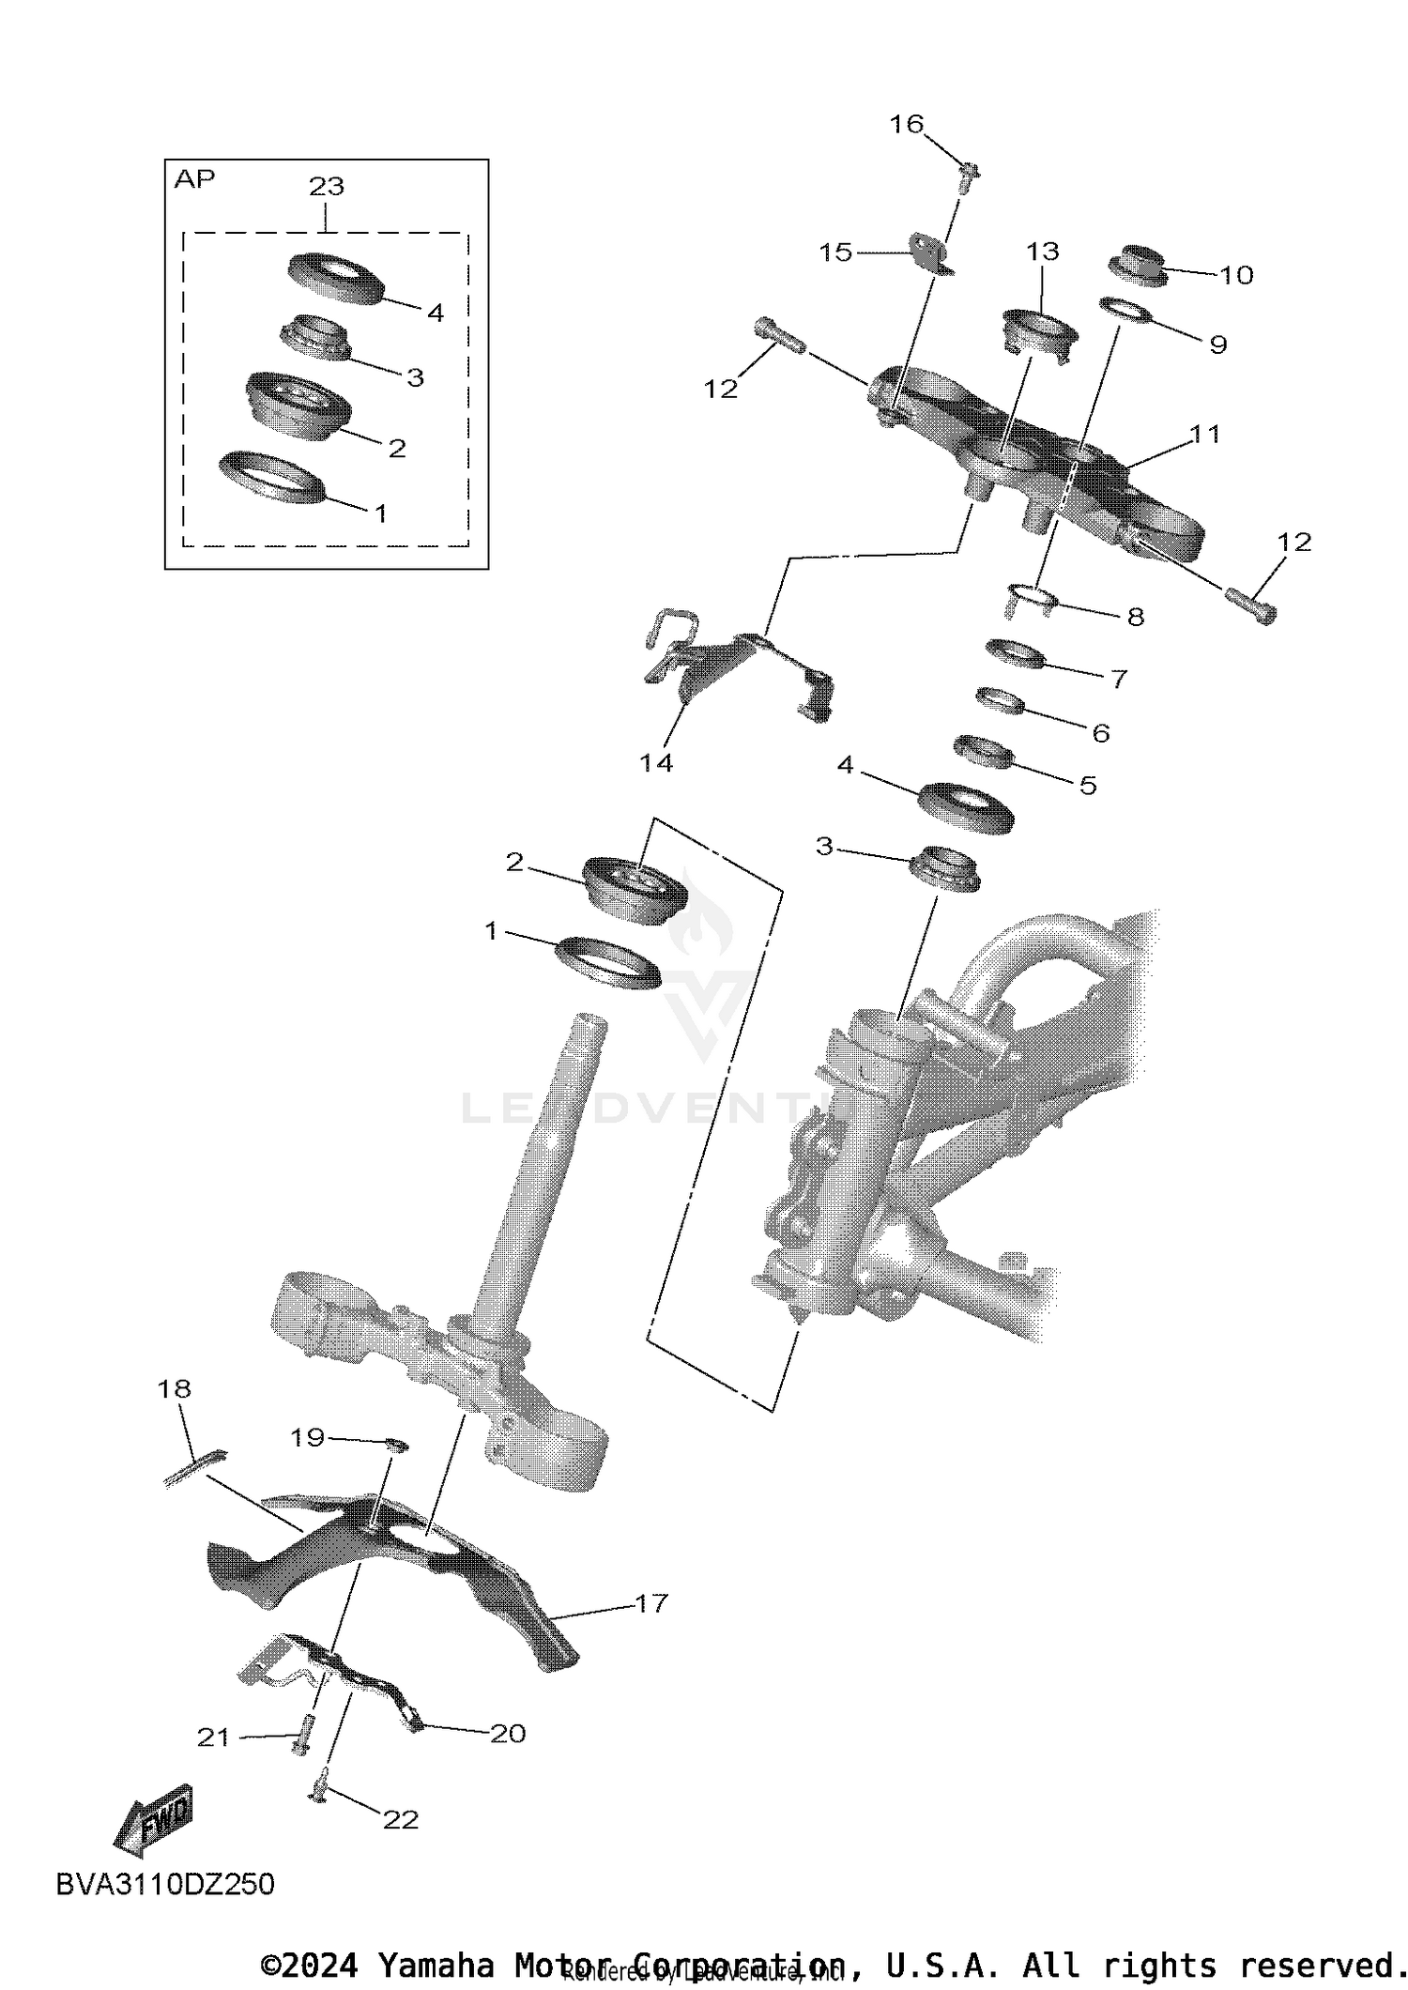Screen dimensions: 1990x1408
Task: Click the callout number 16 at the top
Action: click(x=907, y=125)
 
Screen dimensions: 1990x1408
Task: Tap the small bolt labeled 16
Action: click(x=970, y=175)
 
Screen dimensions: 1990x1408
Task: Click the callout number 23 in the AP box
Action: click(x=327, y=187)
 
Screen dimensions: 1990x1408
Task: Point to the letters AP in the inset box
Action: click(x=194, y=179)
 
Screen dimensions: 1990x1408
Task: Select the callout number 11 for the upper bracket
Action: click(x=1204, y=435)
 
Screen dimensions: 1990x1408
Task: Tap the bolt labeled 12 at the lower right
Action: click(x=1251, y=603)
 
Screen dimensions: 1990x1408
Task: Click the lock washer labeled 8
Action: click(x=1031, y=599)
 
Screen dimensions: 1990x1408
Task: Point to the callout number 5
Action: click(x=1088, y=785)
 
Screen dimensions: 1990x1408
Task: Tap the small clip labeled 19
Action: click(x=398, y=1445)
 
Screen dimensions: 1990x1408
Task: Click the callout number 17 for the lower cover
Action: click(x=650, y=1603)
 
